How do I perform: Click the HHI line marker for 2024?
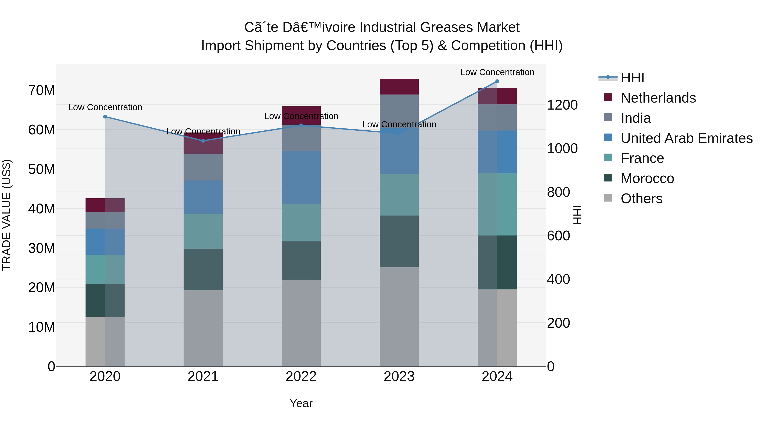point(497,81)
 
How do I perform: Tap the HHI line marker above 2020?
point(105,117)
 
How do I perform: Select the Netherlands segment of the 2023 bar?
point(399,87)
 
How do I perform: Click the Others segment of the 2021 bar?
point(203,328)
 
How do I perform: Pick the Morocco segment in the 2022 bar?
point(301,261)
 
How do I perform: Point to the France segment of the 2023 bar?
point(399,195)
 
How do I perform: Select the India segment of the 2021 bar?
point(203,167)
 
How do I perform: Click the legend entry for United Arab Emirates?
point(686,138)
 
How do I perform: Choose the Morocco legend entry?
point(647,178)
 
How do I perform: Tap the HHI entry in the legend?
point(632,78)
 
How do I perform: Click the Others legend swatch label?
point(641,199)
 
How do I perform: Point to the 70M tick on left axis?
point(42,90)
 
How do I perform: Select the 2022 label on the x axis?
point(301,376)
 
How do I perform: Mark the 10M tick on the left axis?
point(42,327)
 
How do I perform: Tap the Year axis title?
point(301,403)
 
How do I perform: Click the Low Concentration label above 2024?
point(497,72)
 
